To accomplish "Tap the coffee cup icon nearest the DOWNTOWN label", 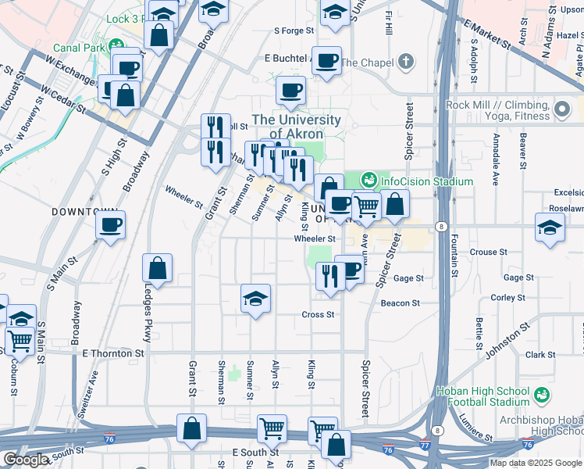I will (x=110, y=227).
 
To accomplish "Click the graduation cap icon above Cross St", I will (x=255, y=299).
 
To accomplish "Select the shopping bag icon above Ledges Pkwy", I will (x=158, y=268).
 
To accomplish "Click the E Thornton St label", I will (x=113, y=353).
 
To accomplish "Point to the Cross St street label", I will (x=319, y=314).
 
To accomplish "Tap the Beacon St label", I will (x=400, y=303).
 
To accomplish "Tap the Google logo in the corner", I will (x=25, y=459).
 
